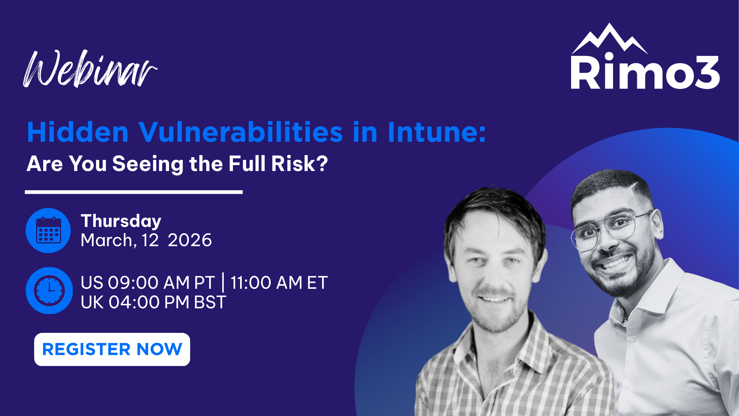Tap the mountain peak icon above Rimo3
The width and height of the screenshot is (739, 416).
click(610, 38)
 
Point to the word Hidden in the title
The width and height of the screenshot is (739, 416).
click(77, 132)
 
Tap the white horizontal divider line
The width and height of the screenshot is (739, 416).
click(134, 192)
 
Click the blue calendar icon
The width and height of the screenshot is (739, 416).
click(48, 230)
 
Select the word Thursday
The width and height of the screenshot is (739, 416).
click(121, 221)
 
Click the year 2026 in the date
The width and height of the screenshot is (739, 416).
click(189, 240)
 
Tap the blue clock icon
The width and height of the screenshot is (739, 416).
click(49, 290)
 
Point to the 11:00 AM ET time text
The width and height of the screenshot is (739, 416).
click(279, 283)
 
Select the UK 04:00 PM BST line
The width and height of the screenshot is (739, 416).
click(153, 302)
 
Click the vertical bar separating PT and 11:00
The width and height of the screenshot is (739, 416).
click(223, 283)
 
